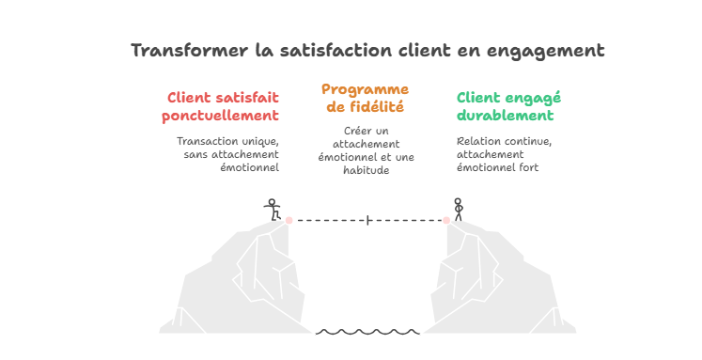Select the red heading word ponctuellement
coord(220,116)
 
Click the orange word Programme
coord(365,90)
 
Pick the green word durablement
coord(505,115)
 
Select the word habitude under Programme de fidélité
coord(367,170)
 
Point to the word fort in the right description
coord(529,167)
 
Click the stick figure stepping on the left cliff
coord(273,210)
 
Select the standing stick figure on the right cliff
coord(458,210)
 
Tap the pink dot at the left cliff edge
coord(289,220)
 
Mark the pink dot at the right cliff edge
coord(446,220)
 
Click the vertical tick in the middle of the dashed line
coord(367,220)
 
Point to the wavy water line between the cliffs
coord(367,332)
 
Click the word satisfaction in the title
coord(337,50)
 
